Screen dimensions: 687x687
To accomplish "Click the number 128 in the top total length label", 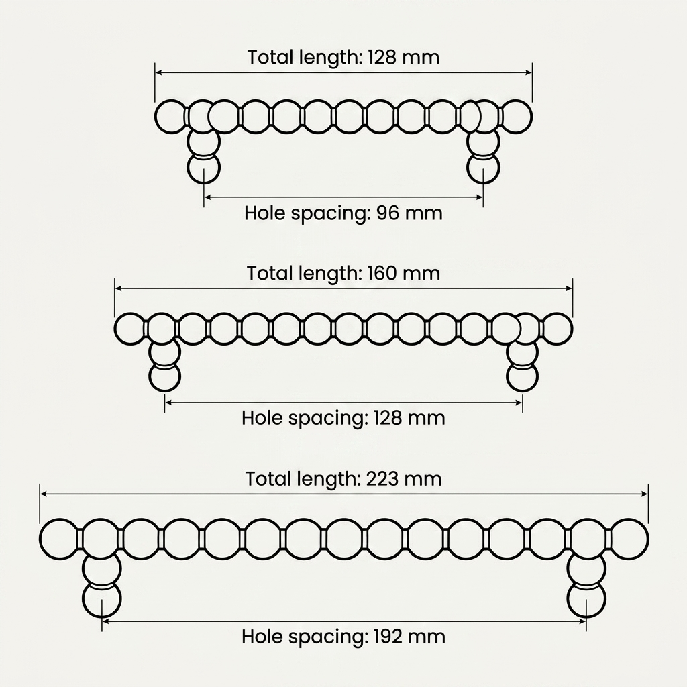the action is click(382, 58).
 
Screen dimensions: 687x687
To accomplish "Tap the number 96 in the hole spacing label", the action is click(388, 213).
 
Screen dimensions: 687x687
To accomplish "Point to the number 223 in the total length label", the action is click(382, 479).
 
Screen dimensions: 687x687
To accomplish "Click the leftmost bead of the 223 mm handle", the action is click(58, 539).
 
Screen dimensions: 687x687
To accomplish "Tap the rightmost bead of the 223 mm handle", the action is click(629, 539).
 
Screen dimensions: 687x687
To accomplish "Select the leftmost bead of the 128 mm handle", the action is click(171, 117).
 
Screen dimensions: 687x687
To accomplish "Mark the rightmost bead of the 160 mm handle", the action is click(557, 329).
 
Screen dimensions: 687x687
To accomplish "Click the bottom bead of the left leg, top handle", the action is click(203, 168).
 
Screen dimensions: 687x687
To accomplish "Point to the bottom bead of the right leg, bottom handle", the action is click(586, 599).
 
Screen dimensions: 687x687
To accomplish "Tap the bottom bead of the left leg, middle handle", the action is click(165, 377).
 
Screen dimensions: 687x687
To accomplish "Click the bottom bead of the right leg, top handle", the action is click(483, 168).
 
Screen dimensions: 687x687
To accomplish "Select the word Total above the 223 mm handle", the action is click(269, 479).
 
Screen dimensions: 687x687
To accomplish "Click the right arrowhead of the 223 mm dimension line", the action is click(645, 494).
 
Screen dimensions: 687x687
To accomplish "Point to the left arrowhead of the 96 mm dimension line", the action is click(208, 197).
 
